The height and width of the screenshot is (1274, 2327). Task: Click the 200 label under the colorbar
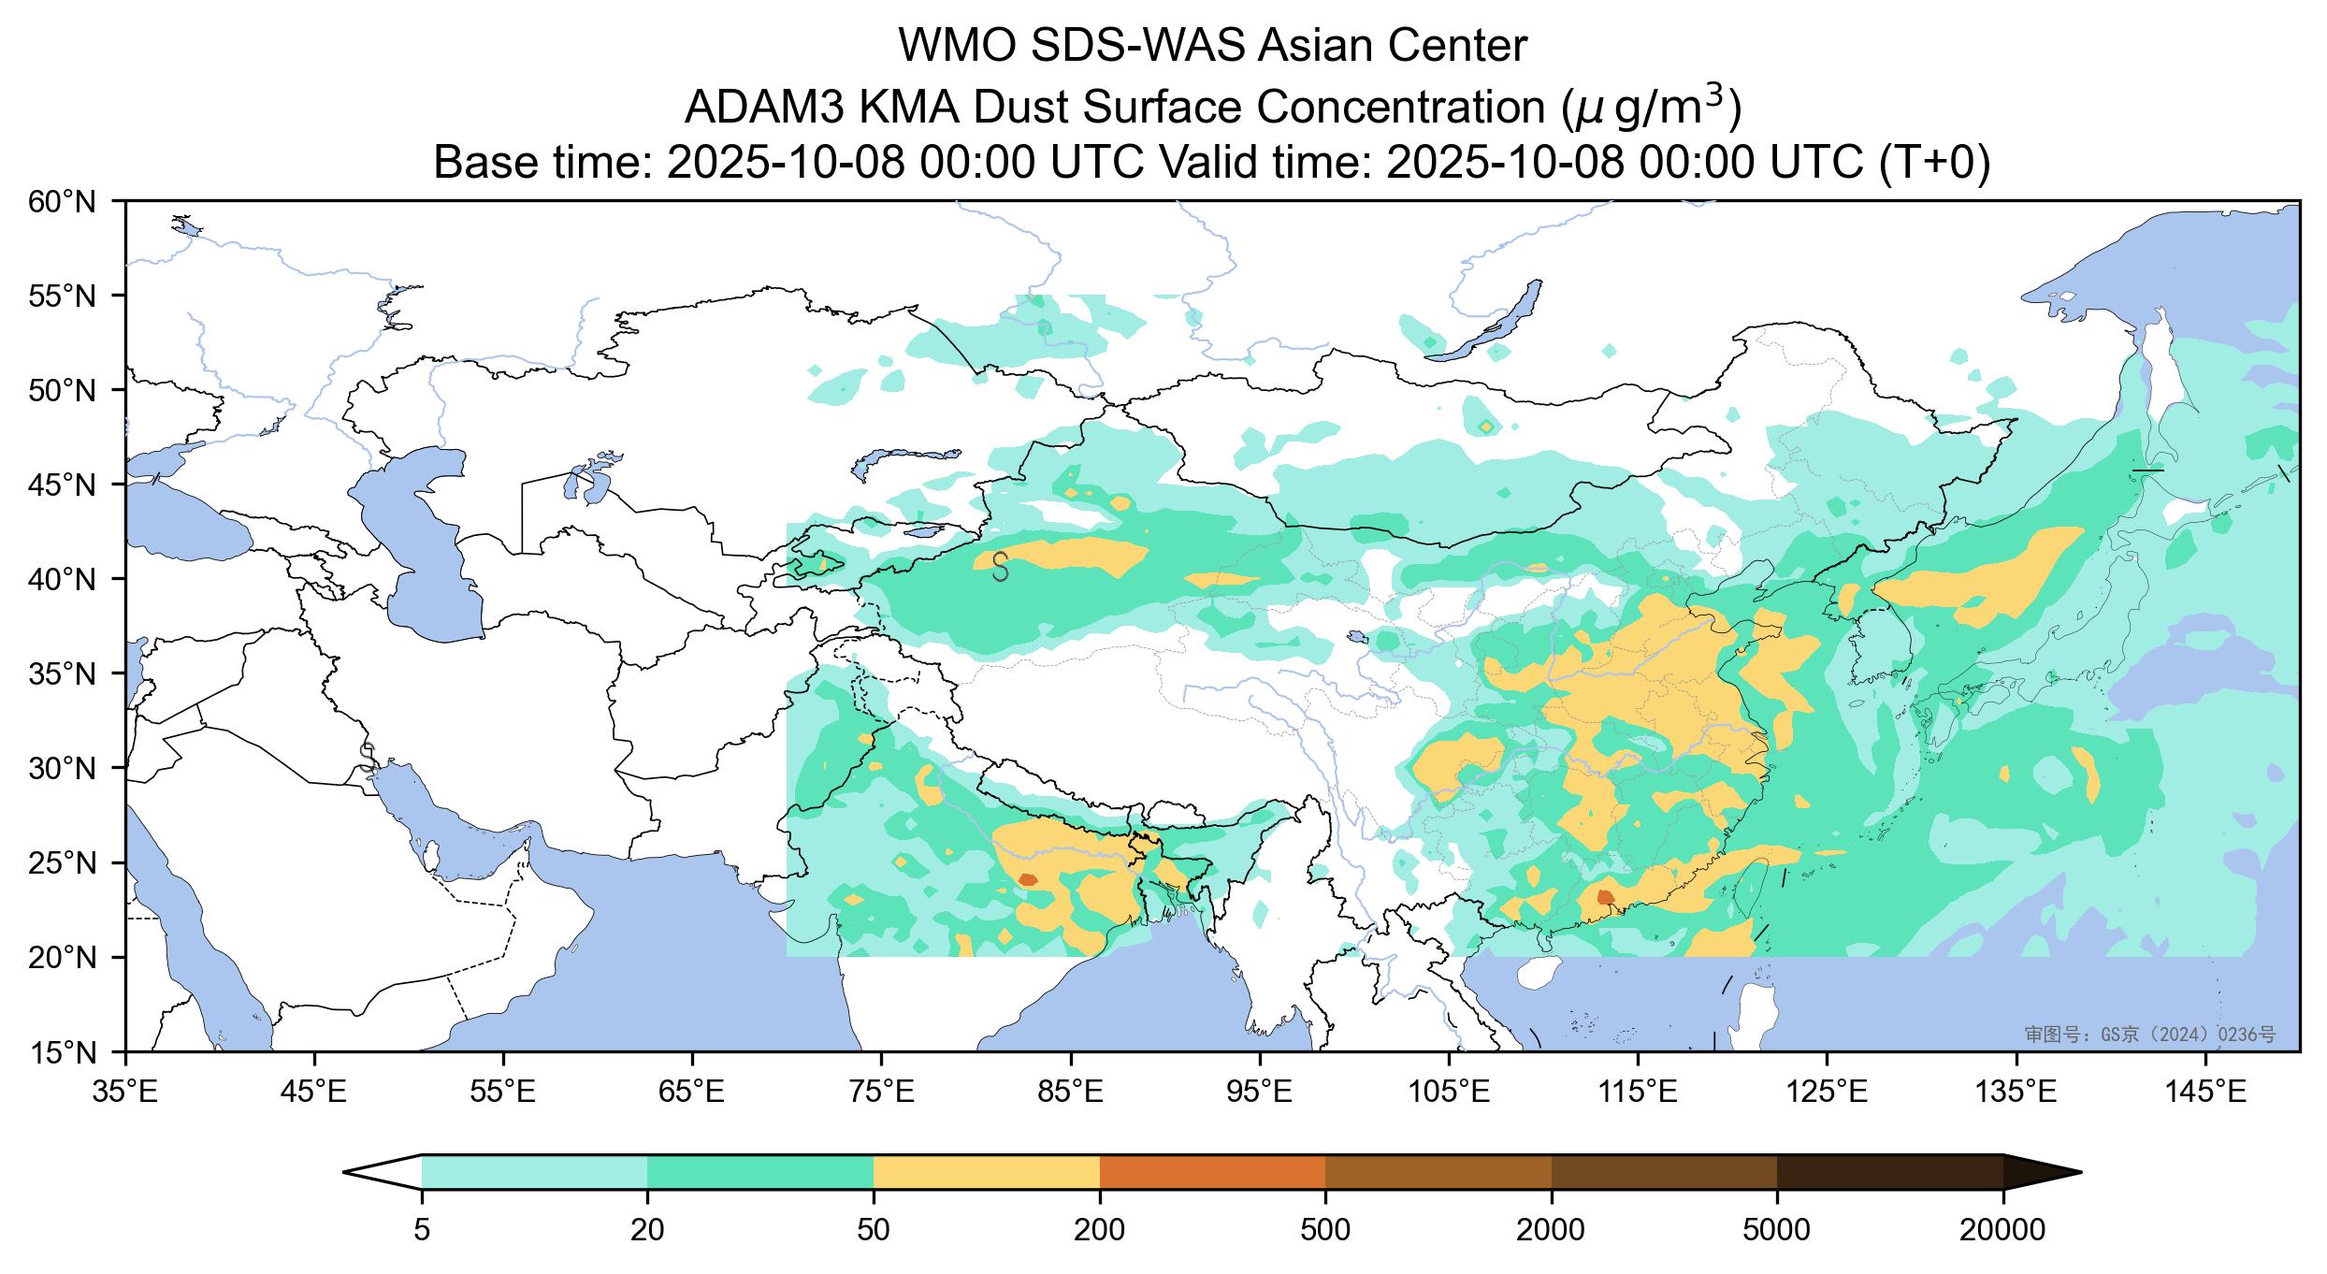1099,1229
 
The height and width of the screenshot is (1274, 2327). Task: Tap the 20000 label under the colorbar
2002,1229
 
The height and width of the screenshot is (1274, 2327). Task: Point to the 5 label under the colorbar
422,1229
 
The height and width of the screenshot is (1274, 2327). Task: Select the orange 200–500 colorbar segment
1212,1171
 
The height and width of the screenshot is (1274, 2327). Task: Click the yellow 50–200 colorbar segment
986,1171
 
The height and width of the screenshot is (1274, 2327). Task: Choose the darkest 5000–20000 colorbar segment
1889,1171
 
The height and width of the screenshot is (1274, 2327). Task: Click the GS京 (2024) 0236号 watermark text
2151,1034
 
